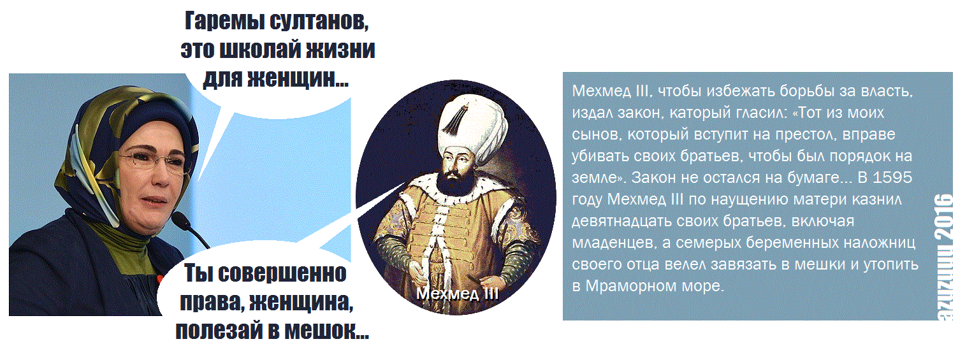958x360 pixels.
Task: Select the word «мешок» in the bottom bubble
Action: pos(319,331)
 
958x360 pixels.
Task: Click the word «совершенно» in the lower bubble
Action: pos(282,273)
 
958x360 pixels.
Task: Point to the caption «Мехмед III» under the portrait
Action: pos(457,294)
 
